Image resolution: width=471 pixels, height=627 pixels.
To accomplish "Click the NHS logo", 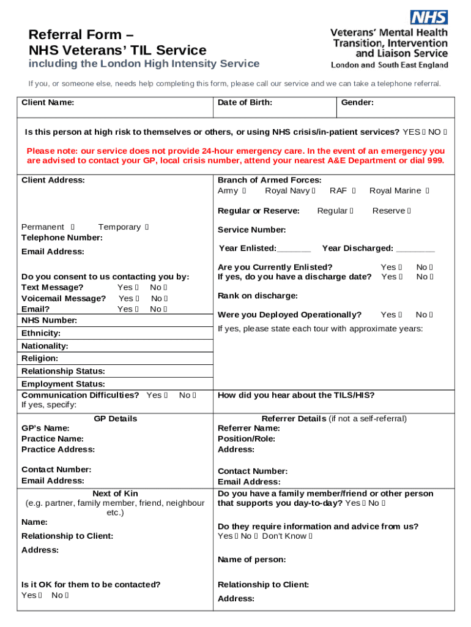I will tap(429, 17).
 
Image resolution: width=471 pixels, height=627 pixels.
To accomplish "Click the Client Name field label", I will tap(48, 103).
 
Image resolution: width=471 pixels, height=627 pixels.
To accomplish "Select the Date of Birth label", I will tap(245, 103).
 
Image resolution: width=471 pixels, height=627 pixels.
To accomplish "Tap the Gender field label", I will tap(357, 103).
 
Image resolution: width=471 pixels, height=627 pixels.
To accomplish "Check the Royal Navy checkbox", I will tap(314, 191).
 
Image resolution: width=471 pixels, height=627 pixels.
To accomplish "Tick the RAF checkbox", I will tap(354, 191).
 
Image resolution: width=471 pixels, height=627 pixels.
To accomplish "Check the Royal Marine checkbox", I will tap(428, 191).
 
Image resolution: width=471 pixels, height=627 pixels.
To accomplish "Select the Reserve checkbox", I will tap(409, 211).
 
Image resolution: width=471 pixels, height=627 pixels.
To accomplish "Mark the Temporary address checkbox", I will tap(147, 227).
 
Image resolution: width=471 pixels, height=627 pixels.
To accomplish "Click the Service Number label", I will tap(251, 230).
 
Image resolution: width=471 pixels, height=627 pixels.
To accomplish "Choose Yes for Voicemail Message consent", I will tap(138, 299).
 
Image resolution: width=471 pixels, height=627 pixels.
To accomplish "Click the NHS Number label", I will tap(49, 320).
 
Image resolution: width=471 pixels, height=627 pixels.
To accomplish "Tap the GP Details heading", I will tap(115, 419).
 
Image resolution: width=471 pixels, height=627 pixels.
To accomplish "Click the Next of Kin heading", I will tap(115, 494).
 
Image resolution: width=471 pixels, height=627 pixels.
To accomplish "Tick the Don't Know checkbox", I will tap(311, 536).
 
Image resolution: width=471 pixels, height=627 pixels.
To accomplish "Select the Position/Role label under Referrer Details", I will tap(246, 439).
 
